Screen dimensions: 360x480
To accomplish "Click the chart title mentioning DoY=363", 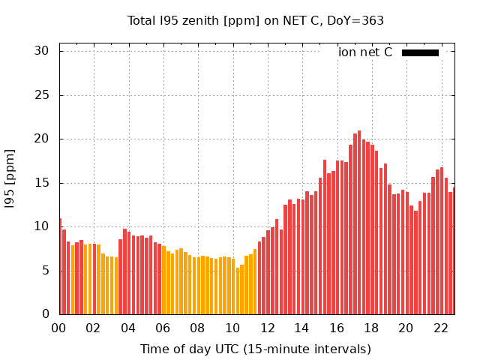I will [255, 20].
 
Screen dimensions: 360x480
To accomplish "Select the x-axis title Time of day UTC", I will [255, 349].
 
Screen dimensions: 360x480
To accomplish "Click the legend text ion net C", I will [365, 52].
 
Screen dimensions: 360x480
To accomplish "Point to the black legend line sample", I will [420, 52].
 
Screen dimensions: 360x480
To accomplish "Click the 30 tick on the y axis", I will [41, 51].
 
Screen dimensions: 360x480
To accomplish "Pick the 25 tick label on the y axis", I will [41, 95].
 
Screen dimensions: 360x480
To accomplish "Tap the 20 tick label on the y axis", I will [41, 139].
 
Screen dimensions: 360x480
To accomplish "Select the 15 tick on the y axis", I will [41, 183].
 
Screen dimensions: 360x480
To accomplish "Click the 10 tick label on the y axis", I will [41, 226].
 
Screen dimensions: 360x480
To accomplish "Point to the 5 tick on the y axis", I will [45, 271].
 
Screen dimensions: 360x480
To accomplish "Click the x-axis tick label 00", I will [59, 328].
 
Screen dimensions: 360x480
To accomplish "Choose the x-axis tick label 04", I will [128, 328].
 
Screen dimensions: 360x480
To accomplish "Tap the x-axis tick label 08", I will [198, 328].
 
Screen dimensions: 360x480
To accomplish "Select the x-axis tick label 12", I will [267, 328].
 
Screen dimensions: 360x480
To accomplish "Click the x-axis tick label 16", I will [337, 328].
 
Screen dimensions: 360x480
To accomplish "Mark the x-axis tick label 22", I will [440, 328].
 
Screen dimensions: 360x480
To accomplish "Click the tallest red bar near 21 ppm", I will [359, 223].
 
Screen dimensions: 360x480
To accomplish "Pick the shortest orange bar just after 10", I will [238, 291].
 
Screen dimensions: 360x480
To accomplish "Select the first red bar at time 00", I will [60, 266].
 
